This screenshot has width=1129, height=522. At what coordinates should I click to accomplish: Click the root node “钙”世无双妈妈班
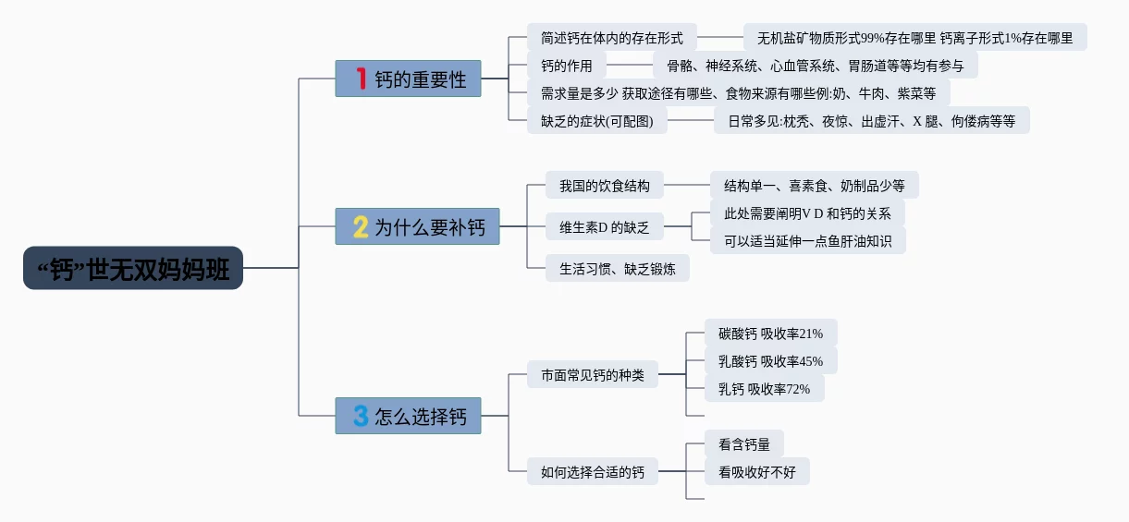[133, 268]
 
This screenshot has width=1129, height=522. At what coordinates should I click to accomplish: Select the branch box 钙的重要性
[408, 79]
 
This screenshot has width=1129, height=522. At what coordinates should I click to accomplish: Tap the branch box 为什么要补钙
[417, 226]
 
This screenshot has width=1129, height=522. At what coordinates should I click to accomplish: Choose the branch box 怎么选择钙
[408, 416]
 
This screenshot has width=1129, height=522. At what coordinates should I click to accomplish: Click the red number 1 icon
[362, 79]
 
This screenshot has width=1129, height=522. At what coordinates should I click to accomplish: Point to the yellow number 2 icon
[361, 226]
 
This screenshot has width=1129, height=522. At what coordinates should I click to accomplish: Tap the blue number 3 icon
[361, 416]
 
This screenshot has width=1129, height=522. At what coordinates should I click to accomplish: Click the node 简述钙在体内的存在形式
[611, 38]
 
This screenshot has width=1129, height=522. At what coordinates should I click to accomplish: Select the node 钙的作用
[566, 65]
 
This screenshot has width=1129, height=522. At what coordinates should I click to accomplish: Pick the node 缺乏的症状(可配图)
[596, 120]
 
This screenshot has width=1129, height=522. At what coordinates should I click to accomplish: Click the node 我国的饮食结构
[604, 185]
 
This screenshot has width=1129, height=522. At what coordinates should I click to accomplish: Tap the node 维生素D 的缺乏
[604, 226]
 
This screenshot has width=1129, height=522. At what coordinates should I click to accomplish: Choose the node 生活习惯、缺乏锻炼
[617, 268]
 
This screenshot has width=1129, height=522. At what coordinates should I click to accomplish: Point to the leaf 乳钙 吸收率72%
[764, 389]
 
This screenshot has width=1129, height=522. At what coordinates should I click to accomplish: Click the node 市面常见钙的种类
[592, 375]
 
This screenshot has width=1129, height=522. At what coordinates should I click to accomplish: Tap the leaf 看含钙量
[743, 444]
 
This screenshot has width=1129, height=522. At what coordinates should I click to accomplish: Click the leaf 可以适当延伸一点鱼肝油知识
[807, 240]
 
